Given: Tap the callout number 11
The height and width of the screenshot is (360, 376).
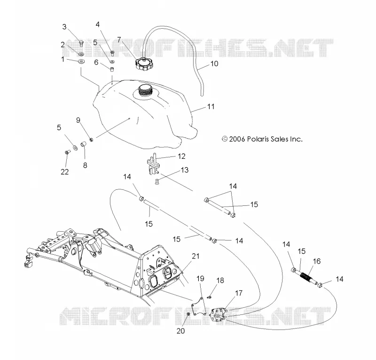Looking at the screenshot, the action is pos(211,107).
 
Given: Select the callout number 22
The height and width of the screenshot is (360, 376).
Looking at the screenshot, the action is pos(65,172).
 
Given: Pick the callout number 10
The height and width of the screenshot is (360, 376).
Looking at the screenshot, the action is pos(214,63).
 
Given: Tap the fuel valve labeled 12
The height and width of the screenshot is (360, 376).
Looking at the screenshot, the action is pos(152,164).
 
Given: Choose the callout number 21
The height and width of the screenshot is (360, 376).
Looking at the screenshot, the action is pos(196,256).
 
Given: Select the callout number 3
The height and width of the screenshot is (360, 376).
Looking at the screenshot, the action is pos(64,27).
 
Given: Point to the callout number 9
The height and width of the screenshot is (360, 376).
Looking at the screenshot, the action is pos(78,120).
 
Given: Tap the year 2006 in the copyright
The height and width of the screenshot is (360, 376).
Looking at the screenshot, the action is pos(237,139).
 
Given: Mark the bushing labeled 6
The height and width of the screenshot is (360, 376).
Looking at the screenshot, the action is pos(112,70).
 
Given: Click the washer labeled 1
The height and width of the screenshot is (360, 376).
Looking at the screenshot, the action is pos(81,62).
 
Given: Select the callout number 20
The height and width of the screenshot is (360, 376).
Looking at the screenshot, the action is pos(181,331).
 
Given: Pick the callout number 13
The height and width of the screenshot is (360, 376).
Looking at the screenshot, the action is pos(185,170).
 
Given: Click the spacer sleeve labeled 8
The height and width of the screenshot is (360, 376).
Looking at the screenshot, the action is pos(84,144).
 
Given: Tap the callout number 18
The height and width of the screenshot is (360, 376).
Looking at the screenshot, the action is pos(220,281).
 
